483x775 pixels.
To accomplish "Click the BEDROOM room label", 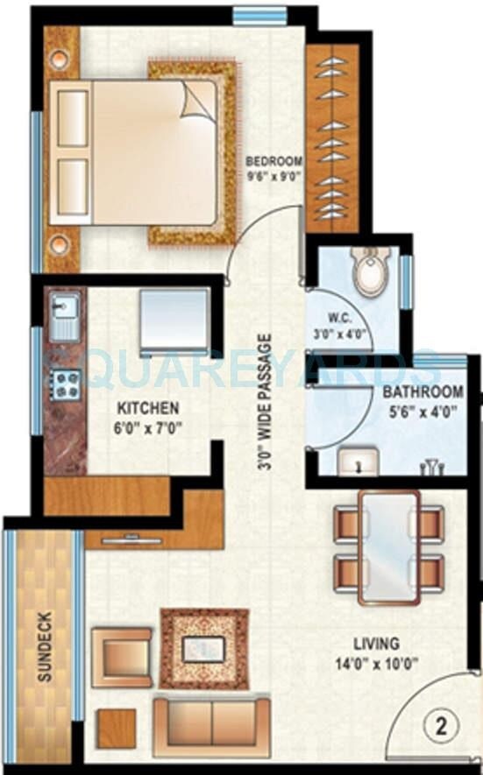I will pos(274,161).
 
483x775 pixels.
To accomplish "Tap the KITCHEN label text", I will pos(149,408).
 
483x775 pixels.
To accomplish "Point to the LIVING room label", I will pos(378,644).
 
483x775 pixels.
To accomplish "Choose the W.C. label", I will pos(340,319).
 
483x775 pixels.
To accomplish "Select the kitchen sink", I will pos(64,317).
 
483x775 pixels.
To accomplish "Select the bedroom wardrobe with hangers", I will pos(333,137).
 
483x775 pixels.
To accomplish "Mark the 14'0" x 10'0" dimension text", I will pos(378,663).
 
